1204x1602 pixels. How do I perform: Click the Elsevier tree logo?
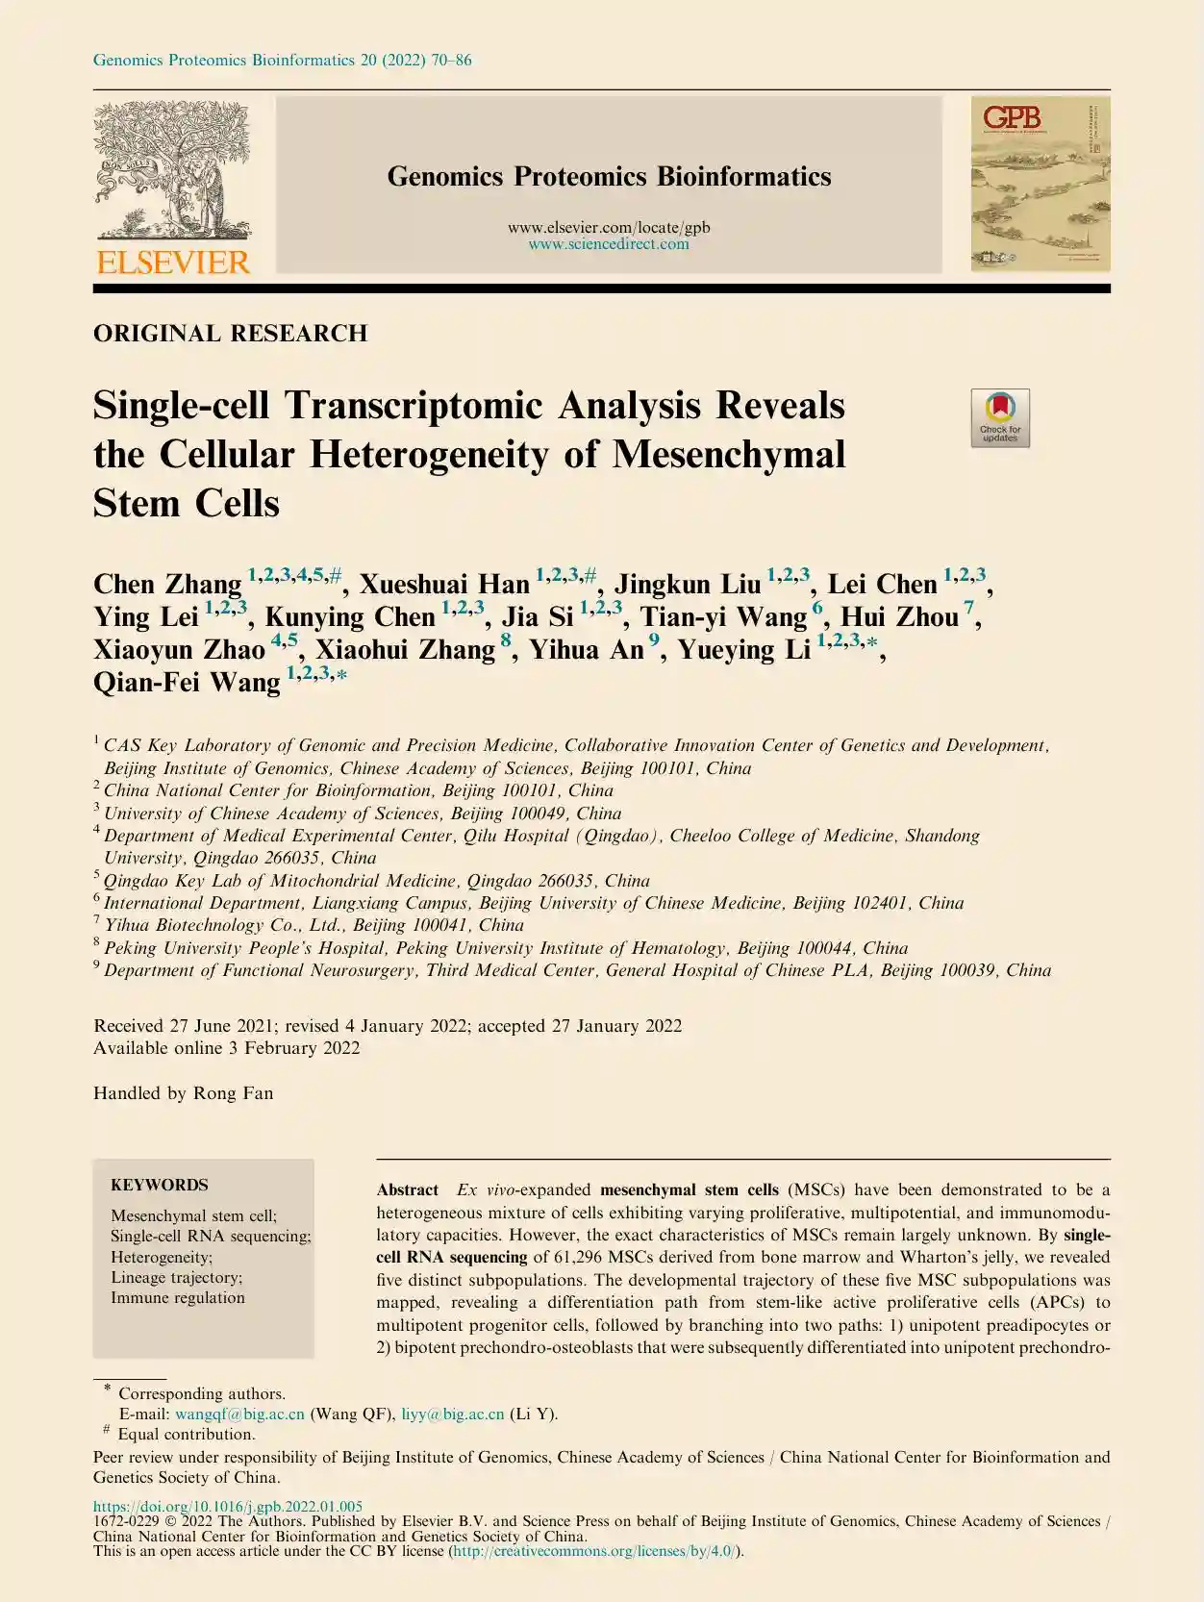point(172,171)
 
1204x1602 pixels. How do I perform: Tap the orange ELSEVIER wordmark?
point(173,263)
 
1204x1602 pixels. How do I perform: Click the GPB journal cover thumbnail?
point(1040,183)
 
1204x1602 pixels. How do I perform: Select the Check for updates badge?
point(1000,417)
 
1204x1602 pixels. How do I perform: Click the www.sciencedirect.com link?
point(609,244)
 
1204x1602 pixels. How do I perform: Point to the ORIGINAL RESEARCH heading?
point(230,334)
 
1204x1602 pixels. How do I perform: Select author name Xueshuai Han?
point(444,585)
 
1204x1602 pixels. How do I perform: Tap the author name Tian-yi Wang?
point(723,617)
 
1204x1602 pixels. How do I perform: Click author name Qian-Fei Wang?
point(187,683)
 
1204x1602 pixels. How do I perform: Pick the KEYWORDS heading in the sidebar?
point(159,1185)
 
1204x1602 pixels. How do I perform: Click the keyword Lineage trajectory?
point(176,1277)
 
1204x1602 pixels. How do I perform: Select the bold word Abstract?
point(408,1189)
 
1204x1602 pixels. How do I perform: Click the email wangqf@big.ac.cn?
point(239,1414)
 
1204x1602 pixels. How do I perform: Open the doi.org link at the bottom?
point(227,1507)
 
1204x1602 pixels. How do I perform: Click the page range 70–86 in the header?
point(451,61)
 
